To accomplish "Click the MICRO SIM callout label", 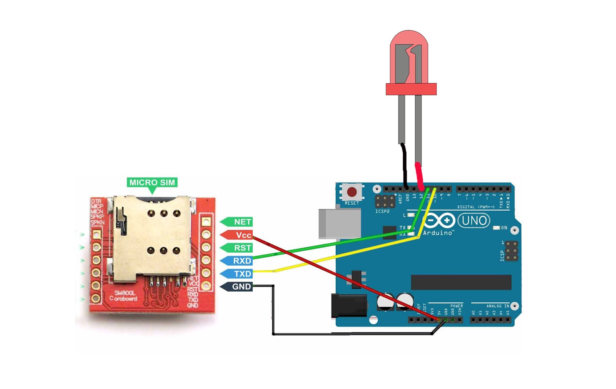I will click(x=152, y=183).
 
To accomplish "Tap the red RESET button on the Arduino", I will click(x=352, y=192).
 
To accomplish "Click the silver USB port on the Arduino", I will click(x=339, y=223).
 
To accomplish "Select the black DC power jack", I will click(x=349, y=306).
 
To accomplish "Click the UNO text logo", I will click(x=474, y=221).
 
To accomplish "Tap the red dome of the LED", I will click(x=409, y=58).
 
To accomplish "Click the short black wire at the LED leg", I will click(x=404, y=166).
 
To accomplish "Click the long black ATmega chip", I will click(x=461, y=282).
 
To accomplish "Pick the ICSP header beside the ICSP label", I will click(x=512, y=251).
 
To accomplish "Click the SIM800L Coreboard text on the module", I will click(x=123, y=296).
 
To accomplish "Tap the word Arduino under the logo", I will click(x=438, y=233).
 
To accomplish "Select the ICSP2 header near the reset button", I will click(x=385, y=201).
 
